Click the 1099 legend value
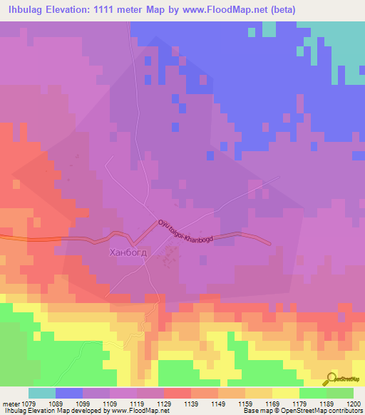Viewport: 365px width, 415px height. click(x=81, y=403)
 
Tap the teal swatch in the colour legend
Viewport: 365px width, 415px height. click(x=42, y=393)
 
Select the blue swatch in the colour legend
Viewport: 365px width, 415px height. click(x=69, y=393)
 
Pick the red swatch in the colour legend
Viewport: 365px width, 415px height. click(x=177, y=393)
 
